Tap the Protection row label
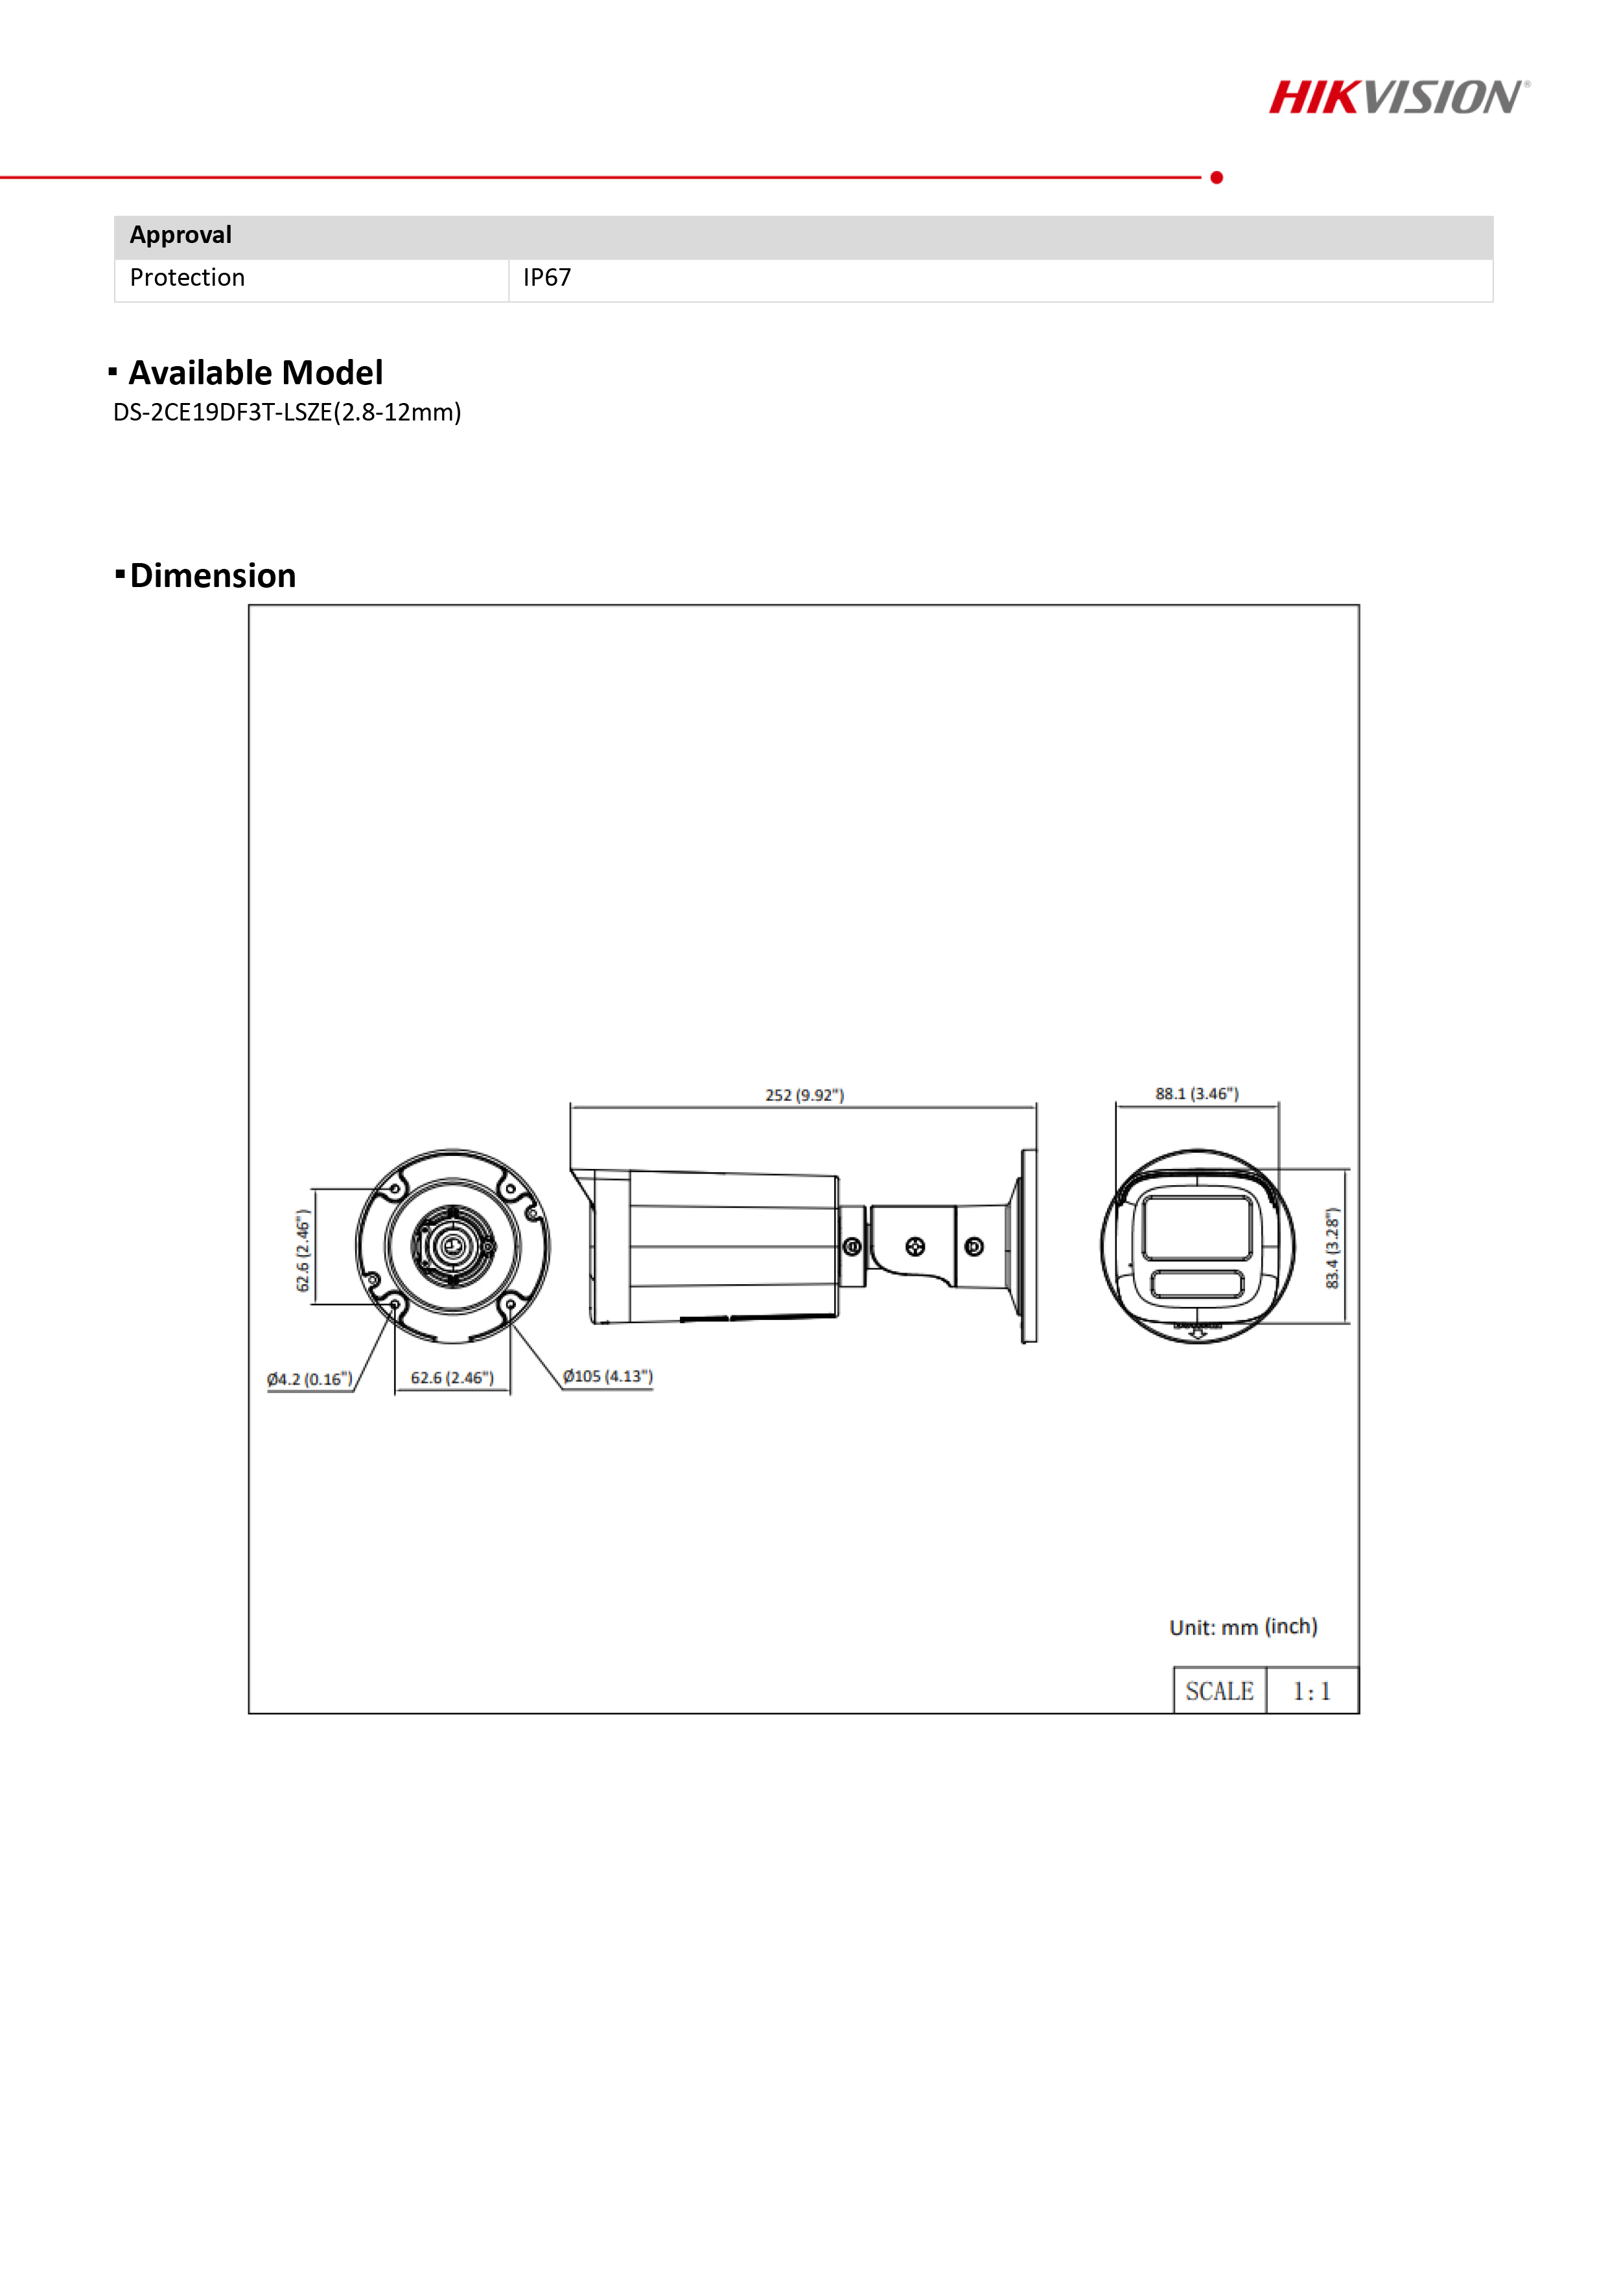(187, 278)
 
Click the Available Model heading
(255, 373)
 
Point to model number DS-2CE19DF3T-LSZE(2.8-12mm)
(287, 413)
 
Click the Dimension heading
(213, 576)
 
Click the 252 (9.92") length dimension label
(804, 1095)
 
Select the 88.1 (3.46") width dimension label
(1196, 1094)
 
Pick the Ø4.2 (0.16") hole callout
(309, 1380)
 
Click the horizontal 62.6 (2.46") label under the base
(452, 1378)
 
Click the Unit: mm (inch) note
(1242, 1628)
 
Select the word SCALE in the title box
(1219, 1692)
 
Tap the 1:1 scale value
(1311, 1692)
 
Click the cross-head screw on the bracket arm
(915, 1247)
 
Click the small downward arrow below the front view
(1197, 1333)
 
